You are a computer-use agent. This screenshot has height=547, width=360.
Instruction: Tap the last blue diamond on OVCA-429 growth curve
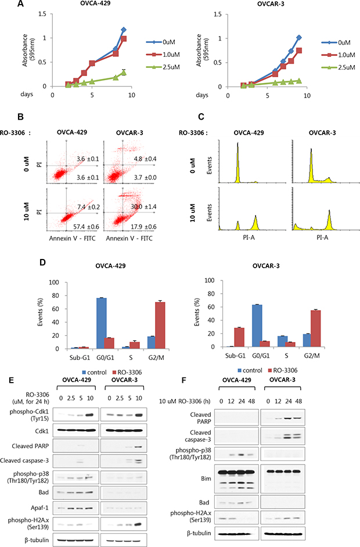coord(124,29)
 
